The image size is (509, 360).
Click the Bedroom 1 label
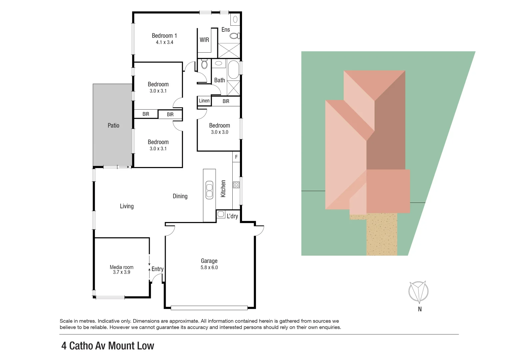click(164, 36)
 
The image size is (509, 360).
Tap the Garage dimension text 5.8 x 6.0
click(209, 267)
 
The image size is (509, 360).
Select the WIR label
click(204, 40)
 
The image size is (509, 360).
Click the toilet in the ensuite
click(235, 35)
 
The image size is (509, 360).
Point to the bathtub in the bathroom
click(233, 69)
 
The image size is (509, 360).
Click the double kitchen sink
click(209, 190)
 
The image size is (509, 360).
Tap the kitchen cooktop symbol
click(236, 185)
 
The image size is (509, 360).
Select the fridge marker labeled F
click(236, 157)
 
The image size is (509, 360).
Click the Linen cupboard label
click(204, 101)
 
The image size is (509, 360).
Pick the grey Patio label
click(113, 125)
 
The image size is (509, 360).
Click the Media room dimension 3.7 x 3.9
click(121, 272)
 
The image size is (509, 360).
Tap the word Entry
click(157, 269)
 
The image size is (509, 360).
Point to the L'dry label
click(232, 216)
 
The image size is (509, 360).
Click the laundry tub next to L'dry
click(221, 214)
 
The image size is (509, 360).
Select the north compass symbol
click(418, 291)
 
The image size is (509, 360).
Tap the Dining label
click(180, 196)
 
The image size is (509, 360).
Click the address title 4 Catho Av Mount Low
click(108, 346)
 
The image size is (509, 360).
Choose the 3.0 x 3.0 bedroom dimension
click(219, 132)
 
